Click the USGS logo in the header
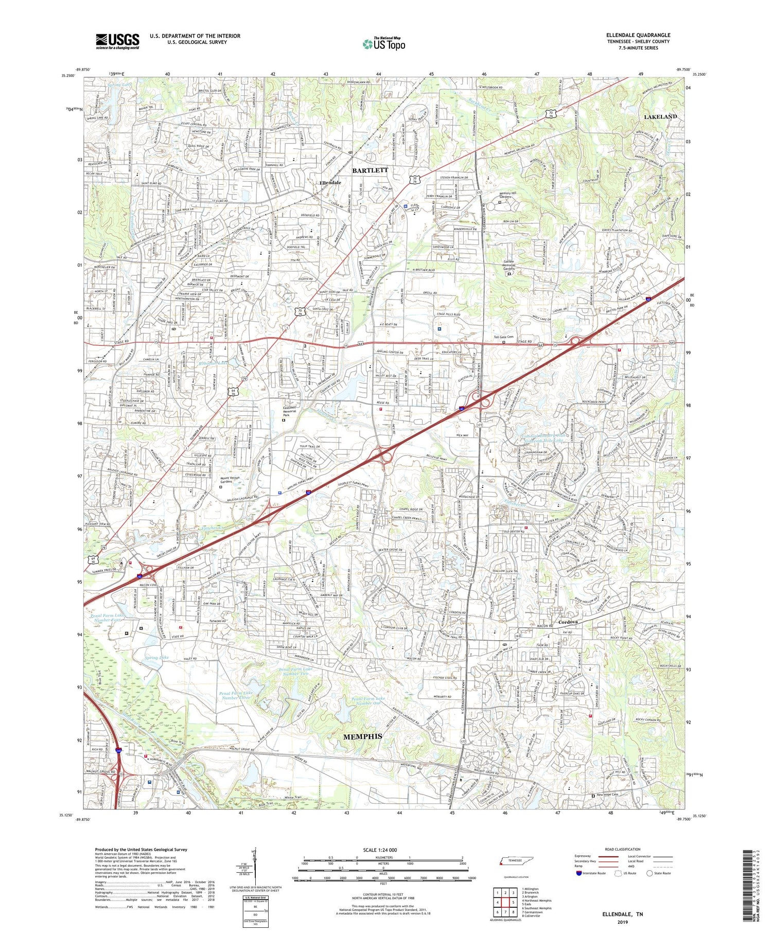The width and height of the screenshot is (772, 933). pyautogui.click(x=117, y=41)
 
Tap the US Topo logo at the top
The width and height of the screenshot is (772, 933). pyautogui.click(x=384, y=44)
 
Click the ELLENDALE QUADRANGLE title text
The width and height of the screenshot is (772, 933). pyautogui.click(x=638, y=36)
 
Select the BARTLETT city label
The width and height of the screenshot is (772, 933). pyautogui.click(x=370, y=169)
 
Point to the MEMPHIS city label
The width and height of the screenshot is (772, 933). pyautogui.click(x=362, y=736)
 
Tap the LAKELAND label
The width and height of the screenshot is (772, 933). pyautogui.click(x=660, y=117)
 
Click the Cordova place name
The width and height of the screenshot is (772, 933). pyautogui.click(x=568, y=622)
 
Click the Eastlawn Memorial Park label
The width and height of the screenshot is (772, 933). pyautogui.click(x=292, y=412)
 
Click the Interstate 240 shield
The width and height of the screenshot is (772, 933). pyautogui.click(x=119, y=752)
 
